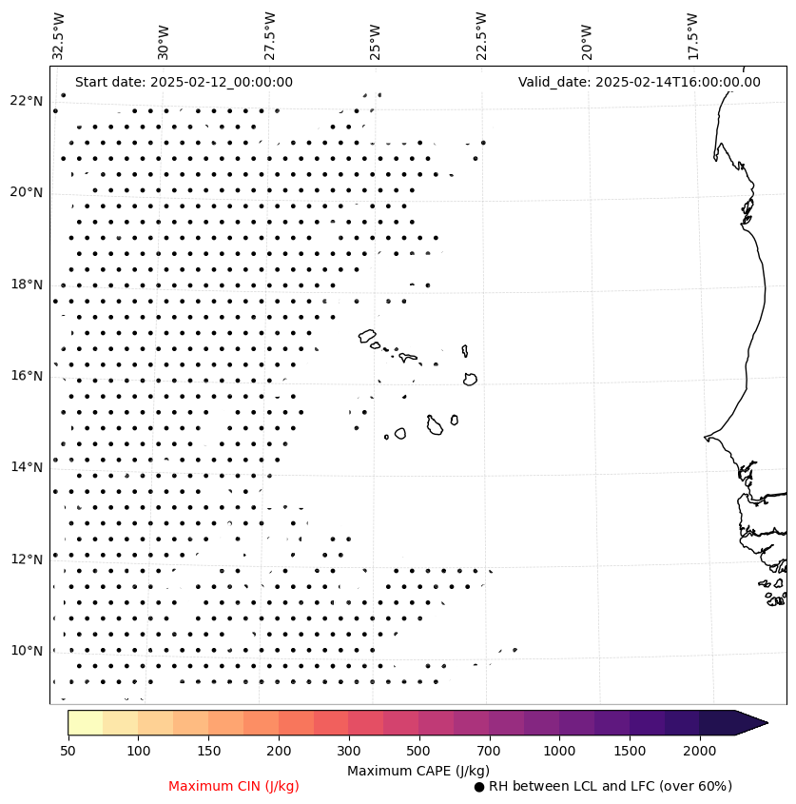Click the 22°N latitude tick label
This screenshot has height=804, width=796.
(27, 101)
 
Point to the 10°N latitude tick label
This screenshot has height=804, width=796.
(27, 651)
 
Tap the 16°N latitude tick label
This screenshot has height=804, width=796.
(27, 376)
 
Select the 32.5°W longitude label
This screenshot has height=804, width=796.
(59, 36)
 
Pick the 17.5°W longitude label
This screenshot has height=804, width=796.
(692, 36)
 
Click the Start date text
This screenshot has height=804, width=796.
(184, 82)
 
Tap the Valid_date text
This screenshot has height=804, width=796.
(639, 82)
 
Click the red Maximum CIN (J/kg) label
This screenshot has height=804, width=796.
(234, 786)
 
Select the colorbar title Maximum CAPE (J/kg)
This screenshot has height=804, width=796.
(417, 770)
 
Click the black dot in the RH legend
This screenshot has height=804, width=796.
(479, 787)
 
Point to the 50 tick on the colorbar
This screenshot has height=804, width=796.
(68, 751)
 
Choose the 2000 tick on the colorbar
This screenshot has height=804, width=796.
(700, 751)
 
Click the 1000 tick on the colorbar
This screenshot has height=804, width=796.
(559, 751)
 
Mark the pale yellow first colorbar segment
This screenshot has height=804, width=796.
(85, 722)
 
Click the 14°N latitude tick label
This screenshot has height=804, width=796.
(27, 467)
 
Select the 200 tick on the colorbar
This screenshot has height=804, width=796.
(279, 751)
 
